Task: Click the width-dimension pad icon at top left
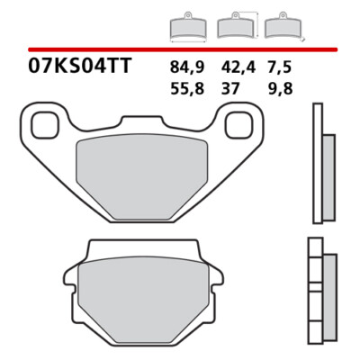point(185,29)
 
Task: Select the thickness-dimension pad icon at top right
point(287,29)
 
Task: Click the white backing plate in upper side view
point(316,166)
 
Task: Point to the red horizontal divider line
point(180,49)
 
